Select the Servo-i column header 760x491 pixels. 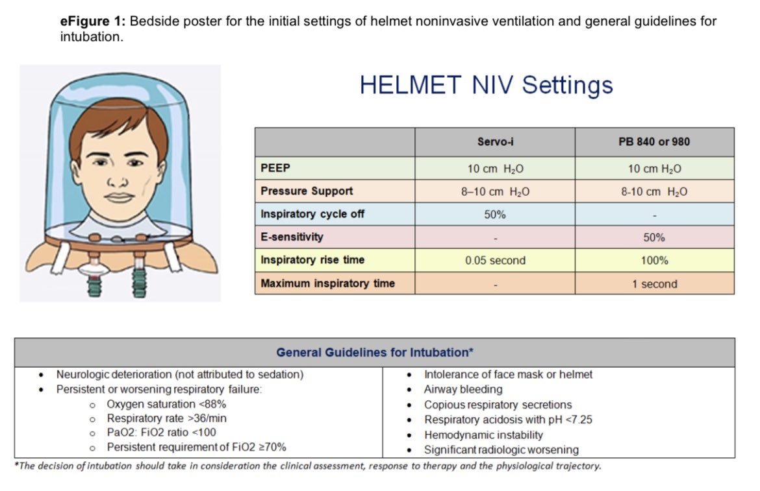[494, 142]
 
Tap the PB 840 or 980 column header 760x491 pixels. [654, 142]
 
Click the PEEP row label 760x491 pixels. [275, 169]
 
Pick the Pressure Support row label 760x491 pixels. [307, 191]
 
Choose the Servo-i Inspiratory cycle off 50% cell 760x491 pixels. [494, 215]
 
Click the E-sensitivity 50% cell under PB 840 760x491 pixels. [654, 237]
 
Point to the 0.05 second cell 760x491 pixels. [494, 261]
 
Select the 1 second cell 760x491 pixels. [654, 284]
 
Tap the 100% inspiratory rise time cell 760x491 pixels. [654, 261]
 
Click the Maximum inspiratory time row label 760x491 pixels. [327, 284]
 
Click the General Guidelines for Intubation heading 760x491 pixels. [375, 353]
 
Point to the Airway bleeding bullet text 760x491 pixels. [463, 389]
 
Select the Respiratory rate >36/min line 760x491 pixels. [166, 418]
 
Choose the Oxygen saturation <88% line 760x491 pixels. [166, 404]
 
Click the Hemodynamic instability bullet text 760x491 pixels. [483, 435]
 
